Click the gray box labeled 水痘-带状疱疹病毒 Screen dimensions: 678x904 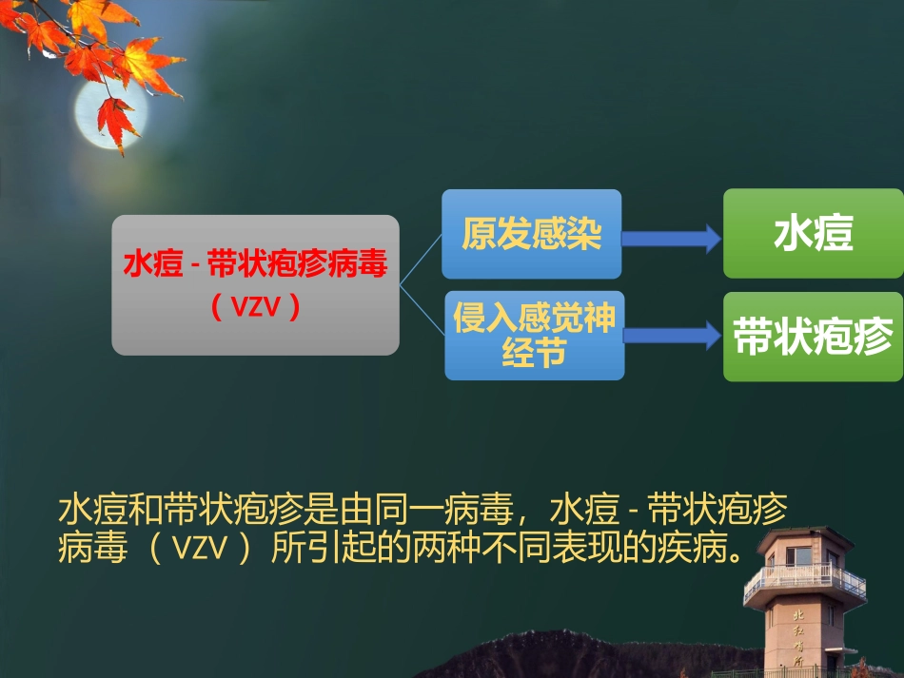tap(255, 285)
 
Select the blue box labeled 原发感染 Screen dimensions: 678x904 tap(532, 234)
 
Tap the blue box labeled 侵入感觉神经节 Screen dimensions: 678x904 tap(534, 336)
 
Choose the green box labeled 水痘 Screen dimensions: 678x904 tap(812, 234)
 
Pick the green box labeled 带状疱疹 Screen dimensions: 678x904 tap(812, 337)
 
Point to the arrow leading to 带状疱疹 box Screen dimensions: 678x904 tap(673, 335)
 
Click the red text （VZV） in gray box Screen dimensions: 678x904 tap(255, 308)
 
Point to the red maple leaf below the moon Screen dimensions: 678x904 tap(118, 122)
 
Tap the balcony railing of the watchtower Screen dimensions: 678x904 tap(804, 578)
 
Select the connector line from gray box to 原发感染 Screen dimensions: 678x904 tap(422, 258)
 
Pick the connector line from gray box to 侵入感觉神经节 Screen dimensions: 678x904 tap(423, 311)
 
